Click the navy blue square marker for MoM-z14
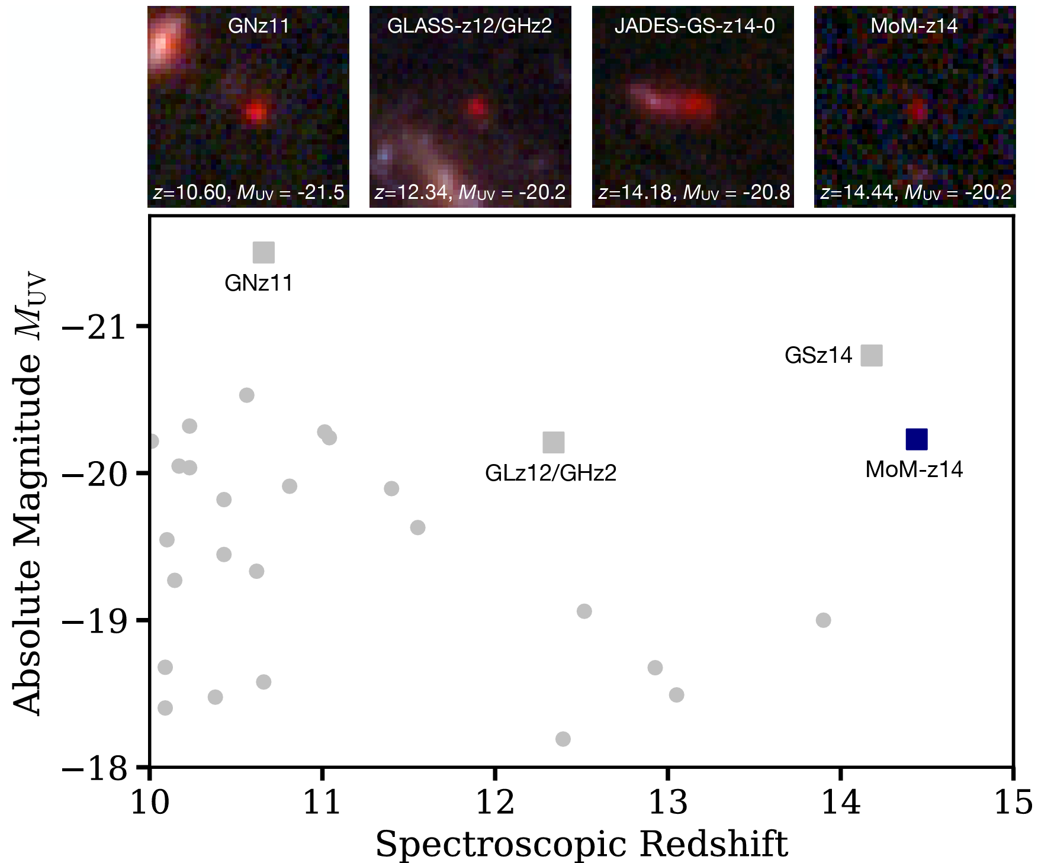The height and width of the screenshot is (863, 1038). coord(916,439)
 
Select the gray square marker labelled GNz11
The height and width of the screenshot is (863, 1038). coord(263,252)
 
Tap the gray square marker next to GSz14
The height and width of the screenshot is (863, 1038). coord(871,356)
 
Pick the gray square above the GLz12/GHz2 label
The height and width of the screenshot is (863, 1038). coord(553,442)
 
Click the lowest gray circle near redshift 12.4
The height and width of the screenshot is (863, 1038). coord(563,739)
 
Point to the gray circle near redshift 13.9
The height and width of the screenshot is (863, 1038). coord(822,620)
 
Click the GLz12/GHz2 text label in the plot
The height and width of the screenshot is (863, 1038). coord(551,473)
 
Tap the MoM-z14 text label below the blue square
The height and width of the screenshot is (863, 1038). coord(914,469)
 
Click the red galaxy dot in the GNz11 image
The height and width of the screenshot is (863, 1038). coord(255,112)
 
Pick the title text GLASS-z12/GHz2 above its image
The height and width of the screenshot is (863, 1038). coord(470,26)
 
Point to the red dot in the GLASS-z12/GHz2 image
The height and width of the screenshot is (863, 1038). coord(477,107)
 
